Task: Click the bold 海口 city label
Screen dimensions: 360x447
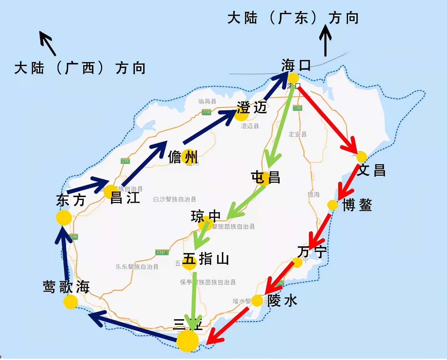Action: click(x=296, y=65)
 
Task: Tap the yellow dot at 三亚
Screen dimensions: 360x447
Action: click(x=188, y=341)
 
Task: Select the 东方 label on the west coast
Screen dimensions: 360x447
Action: click(x=71, y=200)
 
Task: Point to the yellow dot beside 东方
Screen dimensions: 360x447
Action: click(x=64, y=218)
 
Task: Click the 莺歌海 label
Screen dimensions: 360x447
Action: click(x=66, y=287)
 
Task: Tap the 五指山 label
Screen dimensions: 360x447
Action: click(x=206, y=259)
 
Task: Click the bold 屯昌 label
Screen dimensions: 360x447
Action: click(x=266, y=177)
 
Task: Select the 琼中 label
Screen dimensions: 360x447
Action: click(x=206, y=216)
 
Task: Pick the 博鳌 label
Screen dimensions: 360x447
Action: click(x=357, y=205)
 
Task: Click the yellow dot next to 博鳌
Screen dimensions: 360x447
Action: click(x=333, y=205)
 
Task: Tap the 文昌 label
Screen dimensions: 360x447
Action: click(x=371, y=170)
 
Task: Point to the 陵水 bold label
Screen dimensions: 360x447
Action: click(x=282, y=300)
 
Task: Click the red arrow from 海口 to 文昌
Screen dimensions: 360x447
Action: click(x=327, y=118)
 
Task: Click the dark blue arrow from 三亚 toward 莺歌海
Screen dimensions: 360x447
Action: click(x=131, y=325)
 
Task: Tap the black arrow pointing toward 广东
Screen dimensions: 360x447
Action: click(x=325, y=41)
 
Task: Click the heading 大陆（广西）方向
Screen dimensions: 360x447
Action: click(x=80, y=68)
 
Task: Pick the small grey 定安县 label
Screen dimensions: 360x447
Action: click(x=297, y=134)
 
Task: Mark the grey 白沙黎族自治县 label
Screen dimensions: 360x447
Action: click(x=175, y=199)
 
